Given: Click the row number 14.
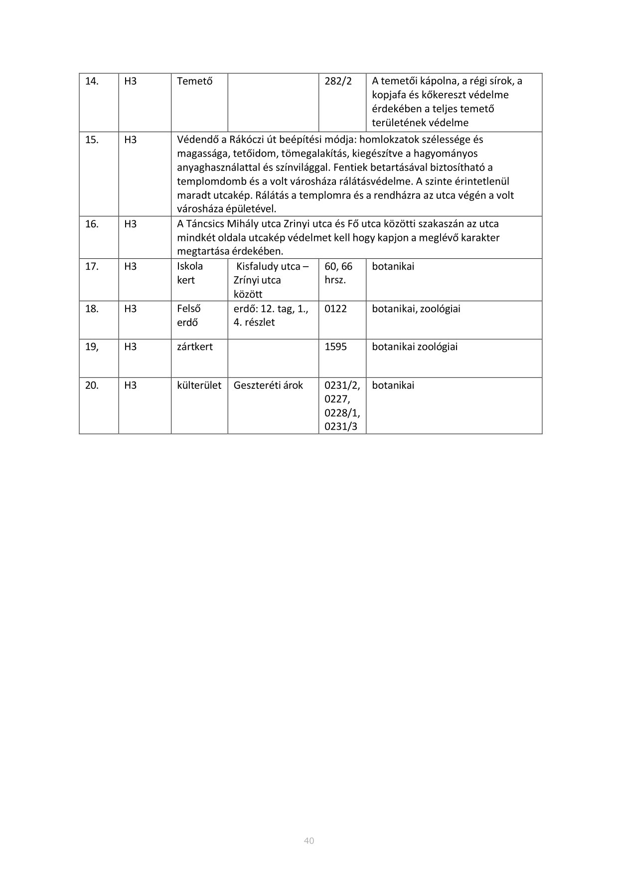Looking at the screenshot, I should pos(92,81).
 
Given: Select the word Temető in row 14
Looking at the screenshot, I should pos(194,81).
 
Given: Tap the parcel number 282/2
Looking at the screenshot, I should pos(338,81).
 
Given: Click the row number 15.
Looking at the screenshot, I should pos(92,140).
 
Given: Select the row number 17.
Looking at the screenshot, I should pos(92,267).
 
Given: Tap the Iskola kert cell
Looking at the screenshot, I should pos(190,273).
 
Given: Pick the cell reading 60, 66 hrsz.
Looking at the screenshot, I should pos(338,273).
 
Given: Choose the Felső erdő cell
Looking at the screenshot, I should pos(189,316).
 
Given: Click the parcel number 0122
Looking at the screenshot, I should pos(335,309).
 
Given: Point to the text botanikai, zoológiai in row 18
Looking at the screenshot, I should pos(416,309).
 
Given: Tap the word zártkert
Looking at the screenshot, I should pos(194,347).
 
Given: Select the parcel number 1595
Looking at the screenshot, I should pos(335,347).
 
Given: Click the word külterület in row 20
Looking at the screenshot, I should pos(199,386).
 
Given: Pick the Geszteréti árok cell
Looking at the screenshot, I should pos(268,386).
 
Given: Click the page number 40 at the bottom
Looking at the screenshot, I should pos(309,841).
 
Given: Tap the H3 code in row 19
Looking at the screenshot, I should pos(130,347).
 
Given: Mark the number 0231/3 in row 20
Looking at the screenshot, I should pos(341,427).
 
